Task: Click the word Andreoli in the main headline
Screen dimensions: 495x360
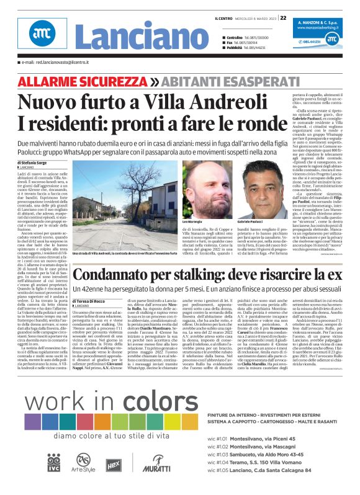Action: [x=215, y=100]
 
